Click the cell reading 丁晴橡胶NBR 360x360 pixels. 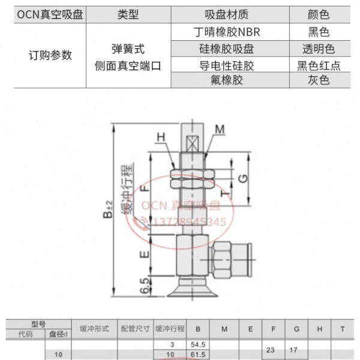(230, 32)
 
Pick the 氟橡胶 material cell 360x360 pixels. (230, 80)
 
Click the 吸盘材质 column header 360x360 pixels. (230, 14)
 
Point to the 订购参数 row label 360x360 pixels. (50, 55)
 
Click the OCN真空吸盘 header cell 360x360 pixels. (50, 14)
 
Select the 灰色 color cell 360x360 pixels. (318, 80)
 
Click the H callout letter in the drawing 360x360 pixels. (161, 137)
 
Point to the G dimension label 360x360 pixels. (242, 178)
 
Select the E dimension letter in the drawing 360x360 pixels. (143, 255)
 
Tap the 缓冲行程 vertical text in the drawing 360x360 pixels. (127, 189)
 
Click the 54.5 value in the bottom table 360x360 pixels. (197, 344)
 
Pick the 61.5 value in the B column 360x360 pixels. (197, 355)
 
